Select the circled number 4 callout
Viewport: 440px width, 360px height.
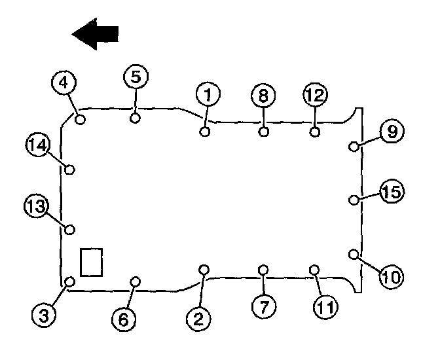pos(64,83)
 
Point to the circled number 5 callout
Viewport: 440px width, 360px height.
pos(135,77)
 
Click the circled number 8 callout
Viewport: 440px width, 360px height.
pos(263,96)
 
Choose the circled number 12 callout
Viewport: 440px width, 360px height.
pos(315,96)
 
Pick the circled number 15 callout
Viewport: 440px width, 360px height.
pos(393,192)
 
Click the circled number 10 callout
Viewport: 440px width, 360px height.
pos(392,276)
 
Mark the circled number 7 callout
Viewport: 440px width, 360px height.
pos(261,306)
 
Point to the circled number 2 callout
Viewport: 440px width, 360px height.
pos(197,318)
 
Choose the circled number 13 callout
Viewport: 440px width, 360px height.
pos(36,207)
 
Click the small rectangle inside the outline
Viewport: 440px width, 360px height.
pos(91,261)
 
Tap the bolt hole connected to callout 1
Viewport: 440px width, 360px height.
pos(205,132)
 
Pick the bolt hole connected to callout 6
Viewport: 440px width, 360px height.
pos(136,282)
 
